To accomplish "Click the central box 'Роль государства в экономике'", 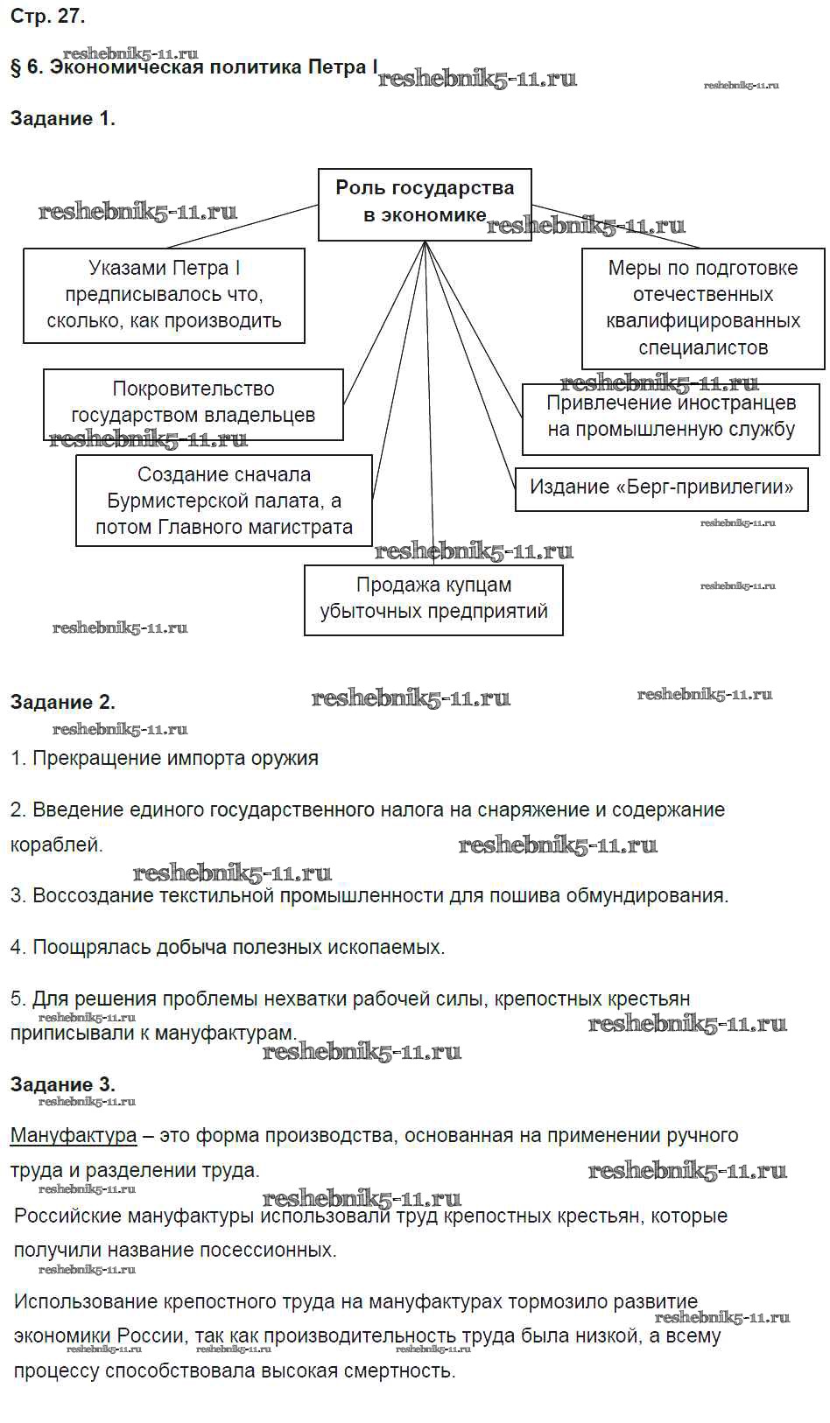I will (425, 203).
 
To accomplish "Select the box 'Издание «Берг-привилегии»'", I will (661, 487).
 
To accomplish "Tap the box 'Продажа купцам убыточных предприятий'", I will (433, 599).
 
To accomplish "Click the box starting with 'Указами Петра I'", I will (164, 295).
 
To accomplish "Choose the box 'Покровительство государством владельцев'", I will (193, 403).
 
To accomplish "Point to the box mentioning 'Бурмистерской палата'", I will (224, 501).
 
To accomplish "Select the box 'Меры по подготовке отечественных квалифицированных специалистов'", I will (703, 307).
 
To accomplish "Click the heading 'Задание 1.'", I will (62, 119).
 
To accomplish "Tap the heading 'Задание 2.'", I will (62, 702).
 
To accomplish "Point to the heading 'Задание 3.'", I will (62, 1084).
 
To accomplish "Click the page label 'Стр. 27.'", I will (48, 16).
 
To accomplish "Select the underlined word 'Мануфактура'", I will (74, 1136).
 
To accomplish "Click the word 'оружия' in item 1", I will (287, 758).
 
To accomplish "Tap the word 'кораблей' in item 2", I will (55, 845).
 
